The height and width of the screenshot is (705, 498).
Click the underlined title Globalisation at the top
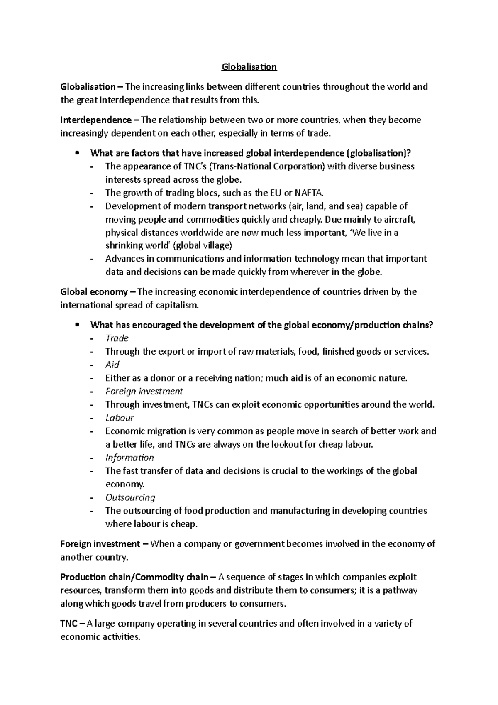click(249, 67)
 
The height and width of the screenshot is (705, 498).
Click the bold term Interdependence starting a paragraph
click(95, 120)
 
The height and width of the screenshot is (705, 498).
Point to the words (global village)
click(203, 245)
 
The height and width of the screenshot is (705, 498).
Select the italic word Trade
click(117, 338)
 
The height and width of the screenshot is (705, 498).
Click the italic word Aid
click(112, 365)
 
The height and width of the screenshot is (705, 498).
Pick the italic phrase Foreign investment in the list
click(144, 392)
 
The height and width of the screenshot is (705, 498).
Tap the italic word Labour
click(119, 418)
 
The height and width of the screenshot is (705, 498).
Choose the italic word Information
click(129, 458)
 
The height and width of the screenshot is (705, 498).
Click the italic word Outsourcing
click(130, 498)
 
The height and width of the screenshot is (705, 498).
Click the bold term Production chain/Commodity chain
click(134, 578)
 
